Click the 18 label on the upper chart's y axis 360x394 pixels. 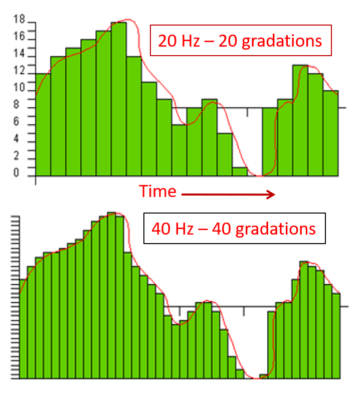pos(19,21)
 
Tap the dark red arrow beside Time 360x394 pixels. pos(228,194)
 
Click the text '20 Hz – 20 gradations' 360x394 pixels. pos(240,40)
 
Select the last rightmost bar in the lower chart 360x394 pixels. pos(336,335)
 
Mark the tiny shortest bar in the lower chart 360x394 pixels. pos(263,376)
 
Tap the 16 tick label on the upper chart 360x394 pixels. pos(19,37)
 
